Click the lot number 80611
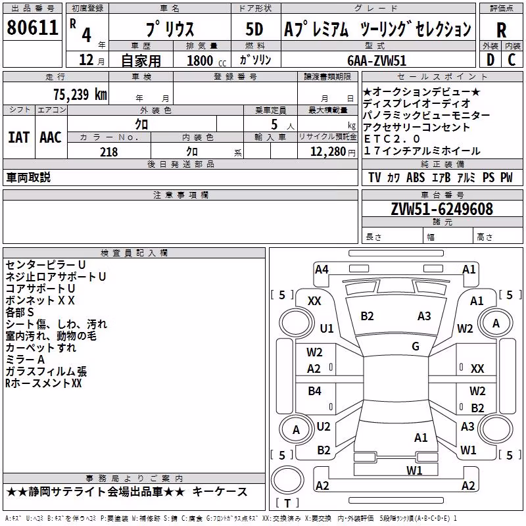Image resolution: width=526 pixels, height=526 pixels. click(32, 28)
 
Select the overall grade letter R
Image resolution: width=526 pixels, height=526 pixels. click(501, 30)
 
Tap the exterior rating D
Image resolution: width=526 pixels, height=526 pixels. click(490, 60)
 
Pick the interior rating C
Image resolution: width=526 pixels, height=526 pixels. click(512, 60)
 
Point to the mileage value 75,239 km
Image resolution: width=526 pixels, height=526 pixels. click(80, 95)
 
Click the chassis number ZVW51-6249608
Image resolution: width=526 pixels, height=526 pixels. click(442, 209)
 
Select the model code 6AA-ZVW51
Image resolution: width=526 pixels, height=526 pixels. click(377, 60)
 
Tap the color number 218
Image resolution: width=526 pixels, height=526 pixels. click(108, 152)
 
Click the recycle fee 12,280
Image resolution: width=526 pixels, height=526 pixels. click(328, 152)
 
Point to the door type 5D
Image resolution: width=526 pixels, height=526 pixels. click(254, 29)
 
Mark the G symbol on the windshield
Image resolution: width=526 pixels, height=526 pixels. click(416, 347)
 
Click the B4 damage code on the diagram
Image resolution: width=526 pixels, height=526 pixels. click(314, 391)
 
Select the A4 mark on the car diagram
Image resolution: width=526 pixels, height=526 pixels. click(322, 270)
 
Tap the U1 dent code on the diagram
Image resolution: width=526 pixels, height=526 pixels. click(327, 328)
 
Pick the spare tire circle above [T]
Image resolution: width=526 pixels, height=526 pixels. click(287, 480)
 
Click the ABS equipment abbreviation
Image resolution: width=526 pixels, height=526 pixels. click(416, 178)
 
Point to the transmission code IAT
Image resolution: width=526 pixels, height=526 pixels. click(18, 137)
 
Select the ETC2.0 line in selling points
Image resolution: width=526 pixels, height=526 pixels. click(392, 139)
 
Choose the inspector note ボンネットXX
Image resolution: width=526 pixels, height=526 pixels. click(40, 300)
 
